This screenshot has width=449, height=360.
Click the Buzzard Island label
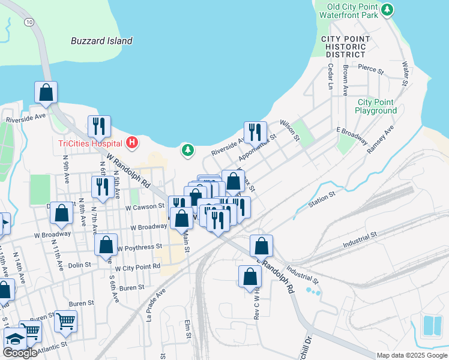[x=101, y=41]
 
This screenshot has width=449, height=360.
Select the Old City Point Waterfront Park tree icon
[x=388, y=9]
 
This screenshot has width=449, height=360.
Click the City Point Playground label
[x=376, y=106]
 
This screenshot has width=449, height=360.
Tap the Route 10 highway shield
[x=29, y=21]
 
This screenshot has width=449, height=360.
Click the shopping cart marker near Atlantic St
[x=65, y=320]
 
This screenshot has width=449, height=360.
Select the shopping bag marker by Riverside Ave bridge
[x=46, y=92]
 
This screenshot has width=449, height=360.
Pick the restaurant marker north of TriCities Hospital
[x=100, y=126]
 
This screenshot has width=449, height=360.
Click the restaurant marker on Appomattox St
[x=255, y=132]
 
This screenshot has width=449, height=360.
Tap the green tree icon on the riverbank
[x=188, y=149]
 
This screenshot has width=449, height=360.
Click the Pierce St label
[x=370, y=70]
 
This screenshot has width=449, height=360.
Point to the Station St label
[x=322, y=197]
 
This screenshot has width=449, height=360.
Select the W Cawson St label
[x=145, y=206]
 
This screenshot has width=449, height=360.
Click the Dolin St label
[x=79, y=264]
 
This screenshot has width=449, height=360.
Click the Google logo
[x=20, y=353]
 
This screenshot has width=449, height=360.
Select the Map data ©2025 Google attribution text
[x=411, y=355]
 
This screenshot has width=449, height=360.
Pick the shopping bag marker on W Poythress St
[x=106, y=245]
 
